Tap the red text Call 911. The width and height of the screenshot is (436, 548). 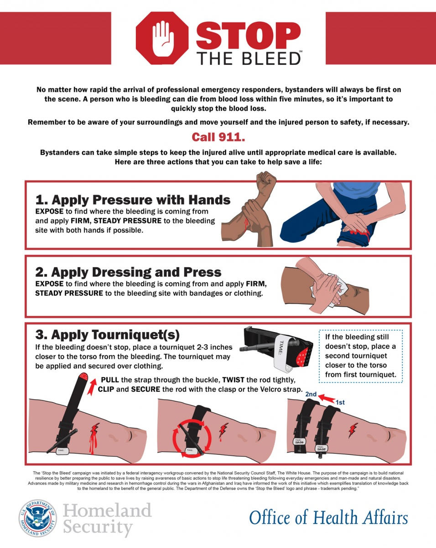(x=218, y=137)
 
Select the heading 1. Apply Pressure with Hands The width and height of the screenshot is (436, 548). (x=133, y=200)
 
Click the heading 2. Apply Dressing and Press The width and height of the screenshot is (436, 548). (x=128, y=272)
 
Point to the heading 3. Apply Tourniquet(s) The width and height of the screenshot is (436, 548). (x=108, y=335)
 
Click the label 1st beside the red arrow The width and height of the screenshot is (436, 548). (x=340, y=402)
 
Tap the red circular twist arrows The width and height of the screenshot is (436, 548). (x=192, y=438)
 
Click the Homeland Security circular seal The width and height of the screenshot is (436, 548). (x=38, y=518)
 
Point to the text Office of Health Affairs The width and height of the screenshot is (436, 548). (x=328, y=518)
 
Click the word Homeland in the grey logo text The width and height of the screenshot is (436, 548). (x=107, y=510)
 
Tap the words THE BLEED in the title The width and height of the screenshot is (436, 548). (x=249, y=58)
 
